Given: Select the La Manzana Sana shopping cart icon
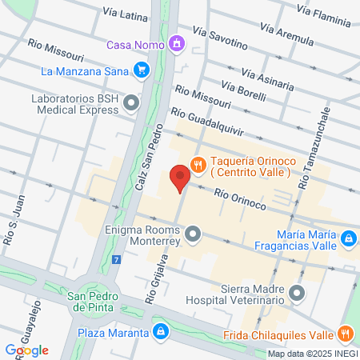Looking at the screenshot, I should click(142, 71).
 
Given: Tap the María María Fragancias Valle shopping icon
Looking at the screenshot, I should click(349, 238).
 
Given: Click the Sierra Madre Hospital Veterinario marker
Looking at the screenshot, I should click(298, 292).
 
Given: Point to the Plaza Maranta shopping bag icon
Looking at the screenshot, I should click(161, 330).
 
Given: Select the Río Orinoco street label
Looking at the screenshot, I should click(240, 199).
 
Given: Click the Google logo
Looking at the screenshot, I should click(26, 350).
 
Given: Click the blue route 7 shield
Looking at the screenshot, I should click(117, 260).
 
